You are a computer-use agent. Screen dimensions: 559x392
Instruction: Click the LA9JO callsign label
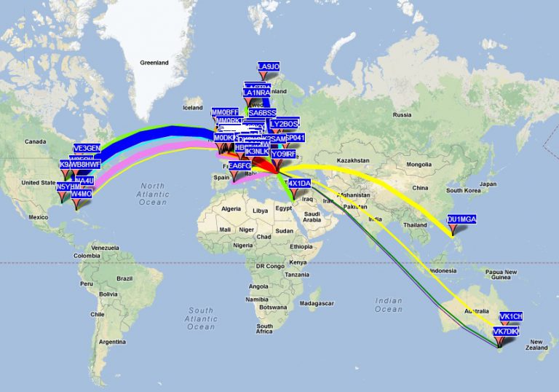click(269, 67)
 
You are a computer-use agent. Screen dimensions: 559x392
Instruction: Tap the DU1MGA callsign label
click(461, 219)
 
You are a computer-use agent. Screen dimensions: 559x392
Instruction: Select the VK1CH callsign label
click(510, 317)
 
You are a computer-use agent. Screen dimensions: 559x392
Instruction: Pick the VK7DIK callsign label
click(506, 332)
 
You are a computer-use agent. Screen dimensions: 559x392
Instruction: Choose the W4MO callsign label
click(81, 195)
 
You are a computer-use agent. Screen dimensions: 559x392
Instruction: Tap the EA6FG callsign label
click(239, 166)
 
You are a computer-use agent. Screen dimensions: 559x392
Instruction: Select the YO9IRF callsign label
click(283, 154)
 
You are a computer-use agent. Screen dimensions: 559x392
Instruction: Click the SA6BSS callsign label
click(263, 113)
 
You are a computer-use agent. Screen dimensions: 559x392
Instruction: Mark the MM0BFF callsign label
click(225, 112)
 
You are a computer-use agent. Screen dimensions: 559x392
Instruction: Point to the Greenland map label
click(154, 63)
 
